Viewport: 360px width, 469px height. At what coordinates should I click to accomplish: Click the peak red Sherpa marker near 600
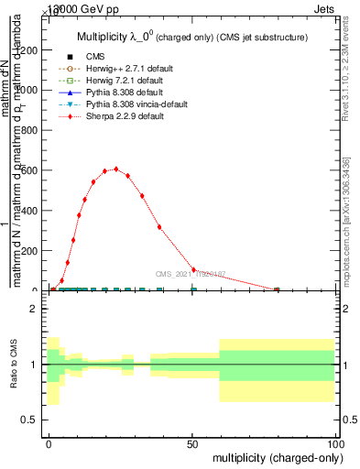coord(115,194)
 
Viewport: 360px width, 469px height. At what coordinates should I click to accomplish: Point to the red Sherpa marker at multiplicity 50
coord(193,270)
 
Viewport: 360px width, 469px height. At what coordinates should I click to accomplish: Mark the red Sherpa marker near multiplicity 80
coord(277,289)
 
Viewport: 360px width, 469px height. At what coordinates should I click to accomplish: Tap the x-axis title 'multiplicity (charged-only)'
coord(274,455)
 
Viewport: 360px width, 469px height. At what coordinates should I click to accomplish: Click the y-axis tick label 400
coord(30,211)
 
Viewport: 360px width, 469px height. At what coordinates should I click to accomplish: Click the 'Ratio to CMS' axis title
coord(13,364)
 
